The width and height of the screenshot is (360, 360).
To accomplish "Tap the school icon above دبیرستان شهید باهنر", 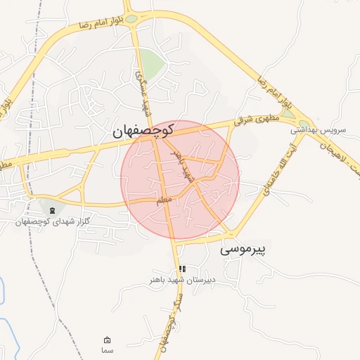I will pos(182,269).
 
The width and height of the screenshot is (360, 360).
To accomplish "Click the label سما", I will pos(107,350).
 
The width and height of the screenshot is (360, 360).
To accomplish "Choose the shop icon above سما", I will pos(107,340).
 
